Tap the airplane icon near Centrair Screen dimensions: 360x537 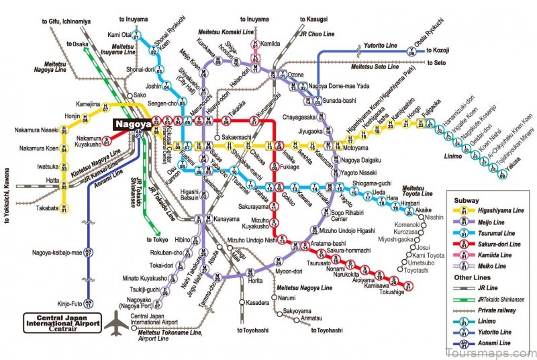tap(115, 323)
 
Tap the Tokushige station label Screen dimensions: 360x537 tap(375, 292)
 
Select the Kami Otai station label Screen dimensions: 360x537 tap(118, 34)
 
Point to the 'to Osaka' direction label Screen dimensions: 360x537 tap(78, 44)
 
